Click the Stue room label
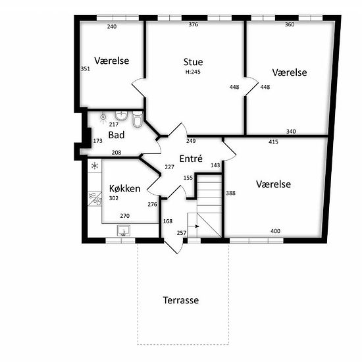click(194, 62)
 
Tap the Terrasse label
click(181, 300)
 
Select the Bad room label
click(116, 135)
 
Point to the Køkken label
click(124, 189)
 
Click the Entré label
click(191, 159)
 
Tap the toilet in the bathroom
click(138, 119)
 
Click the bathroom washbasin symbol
click(121, 116)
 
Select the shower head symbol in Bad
click(103, 117)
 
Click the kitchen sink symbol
click(124, 230)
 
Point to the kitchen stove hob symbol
click(95, 199)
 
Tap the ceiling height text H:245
click(193, 72)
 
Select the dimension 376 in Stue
click(194, 24)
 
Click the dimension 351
click(85, 69)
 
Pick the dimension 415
click(273, 142)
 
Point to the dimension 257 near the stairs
click(182, 233)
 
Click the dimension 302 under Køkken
click(114, 198)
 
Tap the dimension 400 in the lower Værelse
click(275, 231)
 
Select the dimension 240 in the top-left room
click(112, 26)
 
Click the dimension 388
click(230, 193)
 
